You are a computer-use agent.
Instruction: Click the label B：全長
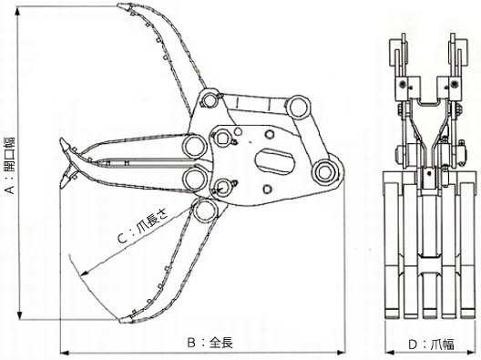tap(210, 343)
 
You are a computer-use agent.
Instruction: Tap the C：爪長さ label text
tap(143, 226)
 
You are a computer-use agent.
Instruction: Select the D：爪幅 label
tap(431, 345)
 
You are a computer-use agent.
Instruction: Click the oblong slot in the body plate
tap(275, 161)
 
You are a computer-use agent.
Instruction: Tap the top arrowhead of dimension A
tap(19, 10)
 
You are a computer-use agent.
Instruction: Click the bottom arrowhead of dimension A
tap(19, 316)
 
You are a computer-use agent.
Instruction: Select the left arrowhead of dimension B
tap(64, 353)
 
